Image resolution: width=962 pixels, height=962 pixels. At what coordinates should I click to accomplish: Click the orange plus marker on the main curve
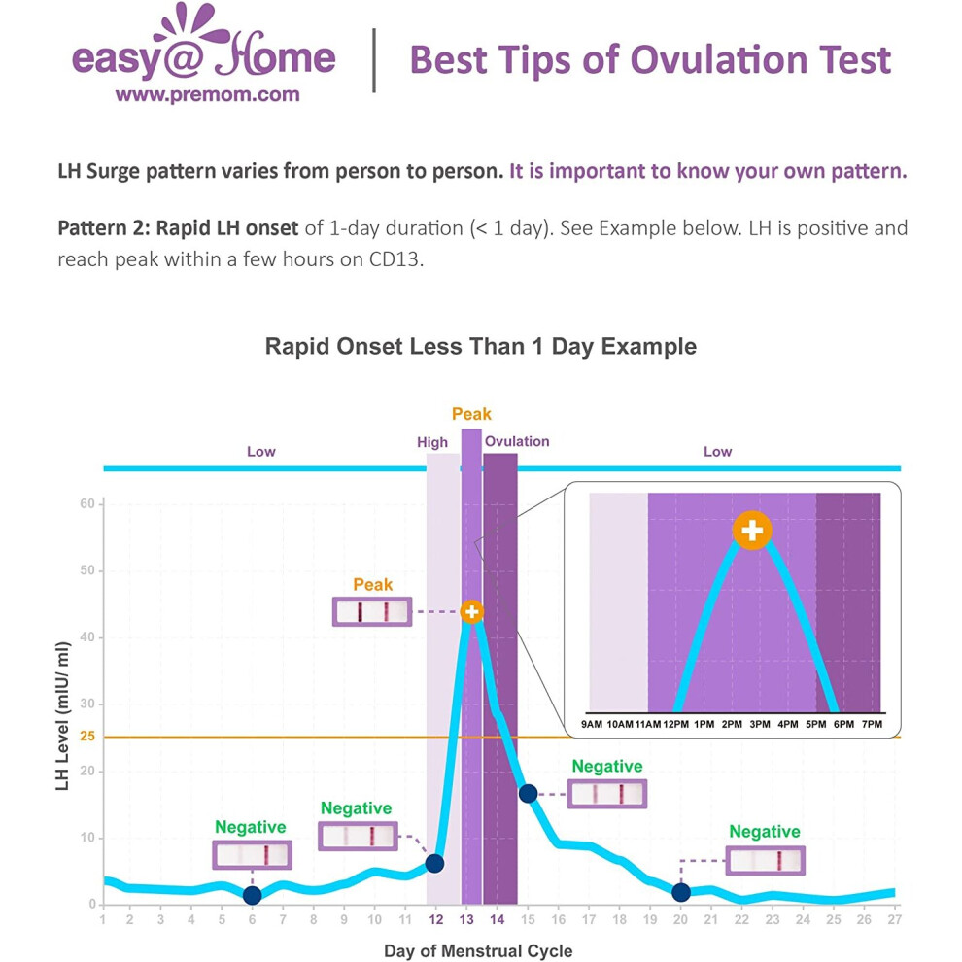coord(472,611)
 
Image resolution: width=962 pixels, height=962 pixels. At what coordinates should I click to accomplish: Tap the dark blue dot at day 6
coord(252,895)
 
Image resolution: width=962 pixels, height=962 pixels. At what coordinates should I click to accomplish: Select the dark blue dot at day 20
coord(680,892)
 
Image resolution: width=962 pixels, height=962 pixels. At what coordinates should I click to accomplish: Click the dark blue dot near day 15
coord(528,793)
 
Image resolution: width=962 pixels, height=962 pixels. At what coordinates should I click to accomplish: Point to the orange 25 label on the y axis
coord(87,736)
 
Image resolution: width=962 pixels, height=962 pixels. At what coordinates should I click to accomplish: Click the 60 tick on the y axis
coord(87,503)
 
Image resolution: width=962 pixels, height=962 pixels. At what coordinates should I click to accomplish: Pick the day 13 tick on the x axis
coord(466,919)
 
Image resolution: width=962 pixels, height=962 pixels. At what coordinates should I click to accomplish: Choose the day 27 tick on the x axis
coord(894,919)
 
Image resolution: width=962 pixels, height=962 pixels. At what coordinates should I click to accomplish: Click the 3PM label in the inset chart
coord(760,724)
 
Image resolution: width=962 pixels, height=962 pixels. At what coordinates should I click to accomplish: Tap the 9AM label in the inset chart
coord(592,724)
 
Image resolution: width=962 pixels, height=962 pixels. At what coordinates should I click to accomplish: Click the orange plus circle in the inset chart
coord(752,531)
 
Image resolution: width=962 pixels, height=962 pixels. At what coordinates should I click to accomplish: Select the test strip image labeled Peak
coord(372,611)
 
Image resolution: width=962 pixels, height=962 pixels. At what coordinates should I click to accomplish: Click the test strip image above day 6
coord(252,855)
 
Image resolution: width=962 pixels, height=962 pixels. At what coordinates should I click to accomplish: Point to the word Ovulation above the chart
coord(517,441)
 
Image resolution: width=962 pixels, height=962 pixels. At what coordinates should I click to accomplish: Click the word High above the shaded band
coord(431,442)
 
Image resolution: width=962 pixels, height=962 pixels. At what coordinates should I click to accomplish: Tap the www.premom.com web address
coord(207,94)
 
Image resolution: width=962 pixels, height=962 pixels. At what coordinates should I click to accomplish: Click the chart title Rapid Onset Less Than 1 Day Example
coord(480,346)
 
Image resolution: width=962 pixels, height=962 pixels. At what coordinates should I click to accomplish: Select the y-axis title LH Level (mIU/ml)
coord(62,716)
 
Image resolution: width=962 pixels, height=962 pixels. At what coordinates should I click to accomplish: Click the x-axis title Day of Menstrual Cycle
coord(478,950)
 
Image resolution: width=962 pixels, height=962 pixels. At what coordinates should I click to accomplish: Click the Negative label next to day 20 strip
coord(765,832)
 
